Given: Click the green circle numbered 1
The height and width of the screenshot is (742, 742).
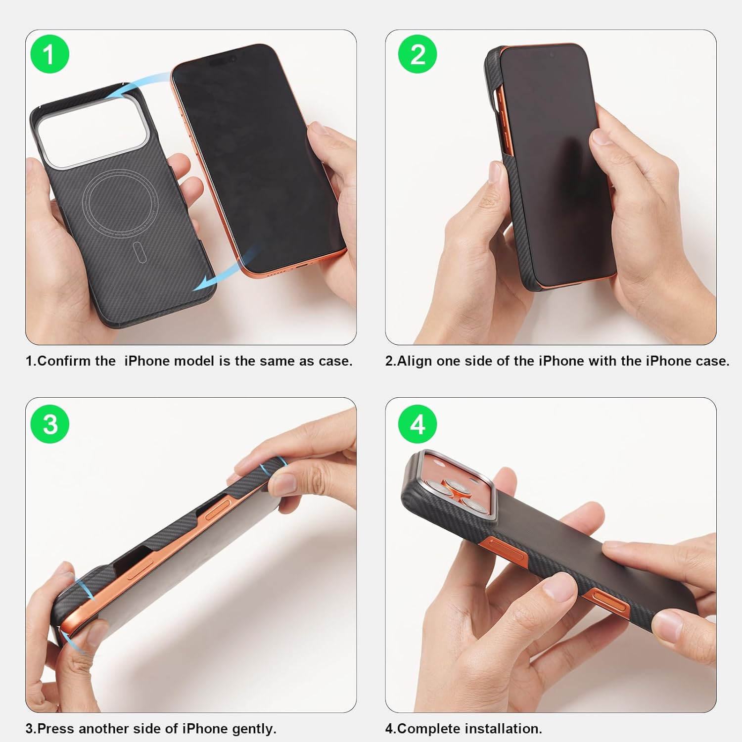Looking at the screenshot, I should [x=49, y=54].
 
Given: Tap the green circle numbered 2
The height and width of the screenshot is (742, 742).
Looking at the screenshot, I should [x=417, y=54].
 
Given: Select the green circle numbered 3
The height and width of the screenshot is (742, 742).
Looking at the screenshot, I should [x=49, y=424].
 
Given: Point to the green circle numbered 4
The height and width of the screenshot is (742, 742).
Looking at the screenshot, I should [x=417, y=424].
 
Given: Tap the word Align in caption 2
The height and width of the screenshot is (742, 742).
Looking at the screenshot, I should [x=415, y=361].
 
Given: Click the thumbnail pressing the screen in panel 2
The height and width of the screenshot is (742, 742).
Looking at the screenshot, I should [x=603, y=137].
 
